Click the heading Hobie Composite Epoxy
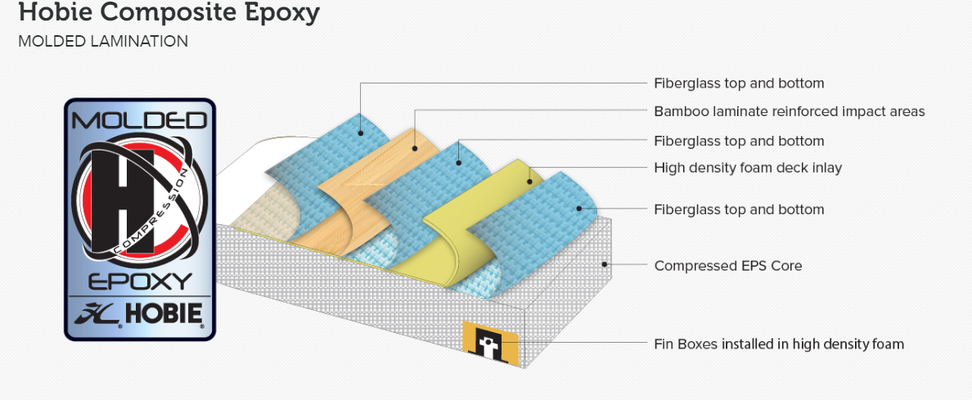coord(169,14)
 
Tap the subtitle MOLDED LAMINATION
coord(103,41)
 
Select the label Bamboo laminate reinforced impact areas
coord(789,111)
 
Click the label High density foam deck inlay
coord(747,168)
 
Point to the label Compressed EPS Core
coord(727,266)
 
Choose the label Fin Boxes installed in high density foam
coord(778,344)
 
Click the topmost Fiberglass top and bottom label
coord(738,83)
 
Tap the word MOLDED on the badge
coord(140,121)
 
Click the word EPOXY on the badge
coord(140,281)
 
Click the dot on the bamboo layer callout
coord(415,149)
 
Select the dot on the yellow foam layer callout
coord(529,181)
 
